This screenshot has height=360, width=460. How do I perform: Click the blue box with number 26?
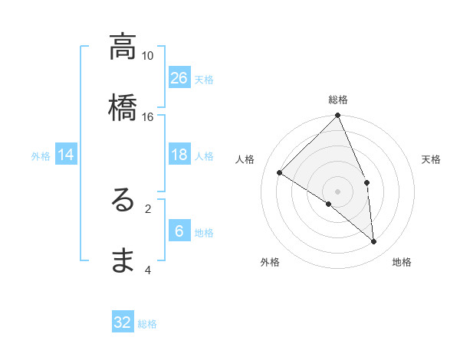click(x=179, y=77)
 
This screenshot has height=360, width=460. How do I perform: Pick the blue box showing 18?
click(x=179, y=155)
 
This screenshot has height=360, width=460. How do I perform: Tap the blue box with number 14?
click(x=66, y=155)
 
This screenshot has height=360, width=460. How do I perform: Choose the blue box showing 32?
click(x=123, y=322)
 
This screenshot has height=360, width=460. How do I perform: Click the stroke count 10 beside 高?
click(x=148, y=56)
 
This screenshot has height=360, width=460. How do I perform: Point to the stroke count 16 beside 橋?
click(x=148, y=116)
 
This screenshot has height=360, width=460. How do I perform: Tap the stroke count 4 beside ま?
click(x=148, y=270)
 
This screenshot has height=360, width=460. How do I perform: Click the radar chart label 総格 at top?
click(x=338, y=100)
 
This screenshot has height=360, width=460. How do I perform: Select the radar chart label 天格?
click(x=432, y=159)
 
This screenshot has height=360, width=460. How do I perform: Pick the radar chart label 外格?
click(x=270, y=262)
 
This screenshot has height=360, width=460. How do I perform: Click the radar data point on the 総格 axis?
click(x=338, y=116)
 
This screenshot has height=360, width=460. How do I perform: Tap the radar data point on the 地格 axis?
click(x=374, y=242)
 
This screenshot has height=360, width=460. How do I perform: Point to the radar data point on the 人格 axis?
click(x=280, y=172)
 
